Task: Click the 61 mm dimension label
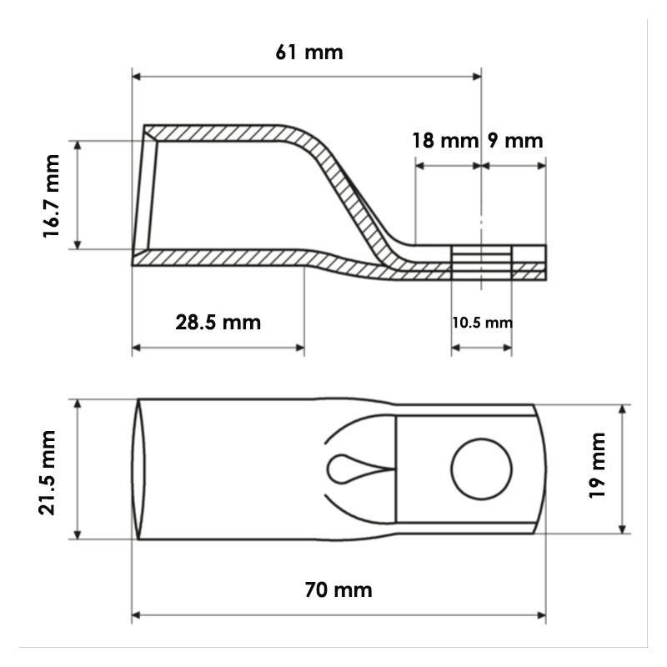point(309,53)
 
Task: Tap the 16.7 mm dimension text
point(51,196)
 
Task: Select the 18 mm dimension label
point(445,140)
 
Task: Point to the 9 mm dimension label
point(515,140)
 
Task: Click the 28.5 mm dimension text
point(218,322)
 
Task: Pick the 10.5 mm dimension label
point(482,323)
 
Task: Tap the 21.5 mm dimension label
point(47,473)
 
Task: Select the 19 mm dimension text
point(596,465)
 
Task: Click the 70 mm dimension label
point(339,590)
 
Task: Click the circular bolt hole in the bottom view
point(482,469)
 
